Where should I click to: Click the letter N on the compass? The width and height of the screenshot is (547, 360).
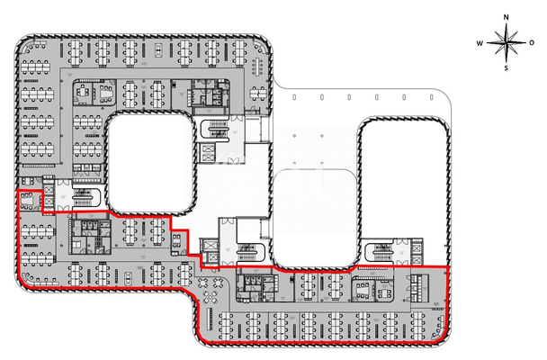click(507, 17)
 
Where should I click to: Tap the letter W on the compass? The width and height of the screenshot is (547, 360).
click(481, 42)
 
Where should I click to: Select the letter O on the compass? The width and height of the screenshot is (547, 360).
click(532, 42)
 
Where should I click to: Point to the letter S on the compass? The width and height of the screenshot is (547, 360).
click(507, 67)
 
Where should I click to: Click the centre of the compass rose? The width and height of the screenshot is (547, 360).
click(507, 42)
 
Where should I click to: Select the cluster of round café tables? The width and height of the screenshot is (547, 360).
click(213, 290)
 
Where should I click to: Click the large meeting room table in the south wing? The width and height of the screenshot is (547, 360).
click(371, 290)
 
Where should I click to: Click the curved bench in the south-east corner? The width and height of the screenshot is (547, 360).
click(438, 336)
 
